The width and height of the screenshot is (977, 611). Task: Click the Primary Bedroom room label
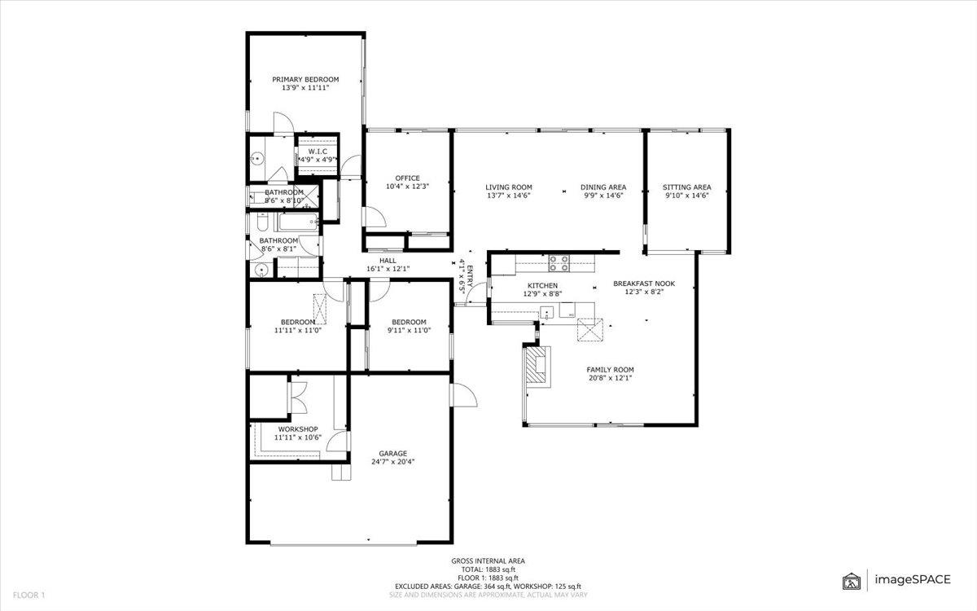coord(305,80)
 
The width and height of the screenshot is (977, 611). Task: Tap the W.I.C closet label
coord(318,152)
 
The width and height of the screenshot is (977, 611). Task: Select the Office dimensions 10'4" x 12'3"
coord(407,187)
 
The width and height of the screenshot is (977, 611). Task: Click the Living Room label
coord(509,187)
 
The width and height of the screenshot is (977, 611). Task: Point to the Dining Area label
coord(603,187)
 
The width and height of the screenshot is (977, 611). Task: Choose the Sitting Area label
coord(686,187)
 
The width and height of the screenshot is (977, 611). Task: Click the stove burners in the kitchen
coord(559,263)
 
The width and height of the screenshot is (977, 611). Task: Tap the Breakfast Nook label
coord(644,284)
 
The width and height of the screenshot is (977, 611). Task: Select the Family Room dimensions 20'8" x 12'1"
coord(610,378)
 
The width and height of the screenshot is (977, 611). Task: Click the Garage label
coord(392,454)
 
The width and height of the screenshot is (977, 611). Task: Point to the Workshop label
coord(298,429)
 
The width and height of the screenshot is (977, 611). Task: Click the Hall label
coord(388,261)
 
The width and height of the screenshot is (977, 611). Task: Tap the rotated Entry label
coord(470,276)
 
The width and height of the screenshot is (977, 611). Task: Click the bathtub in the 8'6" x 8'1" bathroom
coord(298,222)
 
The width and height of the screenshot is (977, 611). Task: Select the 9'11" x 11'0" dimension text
coord(409,331)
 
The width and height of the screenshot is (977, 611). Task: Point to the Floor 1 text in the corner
coord(28,595)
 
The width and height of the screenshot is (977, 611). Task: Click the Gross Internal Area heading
coord(488,561)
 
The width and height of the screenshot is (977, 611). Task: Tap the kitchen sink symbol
coord(546,313)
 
